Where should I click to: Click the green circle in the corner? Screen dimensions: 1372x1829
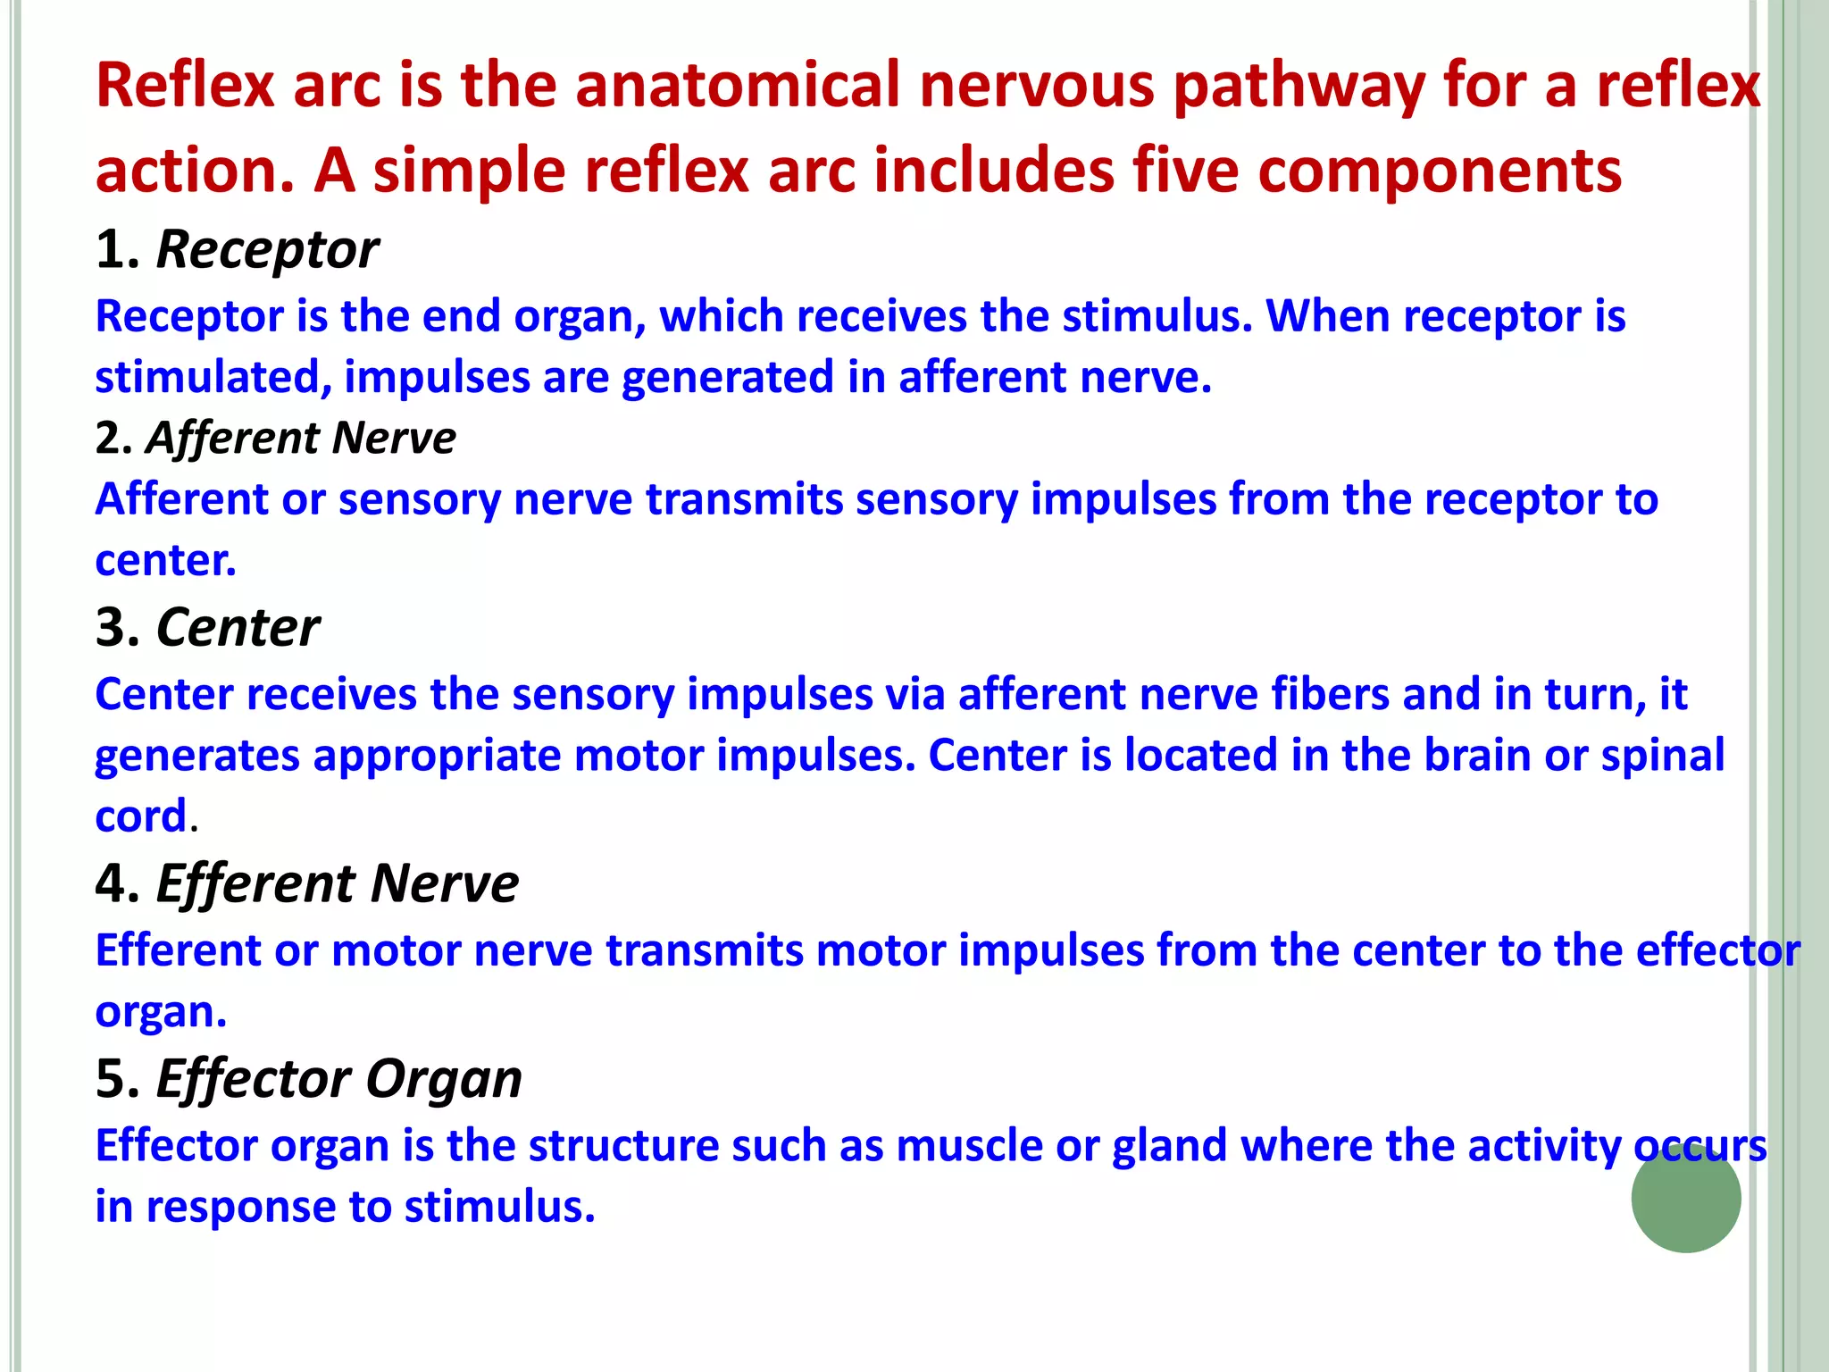coord(1685,1197)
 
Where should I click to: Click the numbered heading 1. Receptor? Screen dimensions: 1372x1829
coord(237,249)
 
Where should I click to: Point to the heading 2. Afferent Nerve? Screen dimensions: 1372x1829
coord(275,438)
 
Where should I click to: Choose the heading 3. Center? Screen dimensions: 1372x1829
coord(207,627)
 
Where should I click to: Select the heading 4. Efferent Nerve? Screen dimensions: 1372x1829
coord(306,883)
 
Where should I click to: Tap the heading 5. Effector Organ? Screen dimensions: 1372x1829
coord(308,1078)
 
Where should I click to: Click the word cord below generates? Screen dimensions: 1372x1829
coord(140,816)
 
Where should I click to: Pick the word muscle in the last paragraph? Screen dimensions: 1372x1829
coord(969,1145)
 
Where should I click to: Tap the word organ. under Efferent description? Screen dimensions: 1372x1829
coord(161,1012)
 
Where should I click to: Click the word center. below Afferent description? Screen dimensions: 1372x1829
coord(165,560)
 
